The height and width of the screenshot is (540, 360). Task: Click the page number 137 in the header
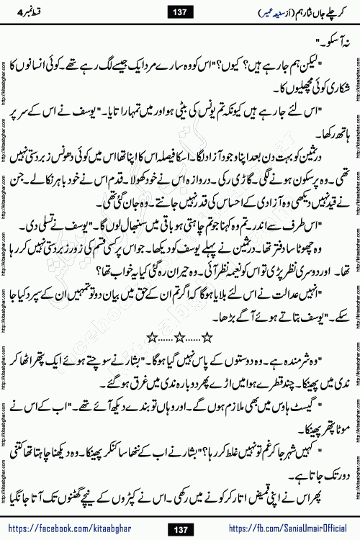tap(179, 12)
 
